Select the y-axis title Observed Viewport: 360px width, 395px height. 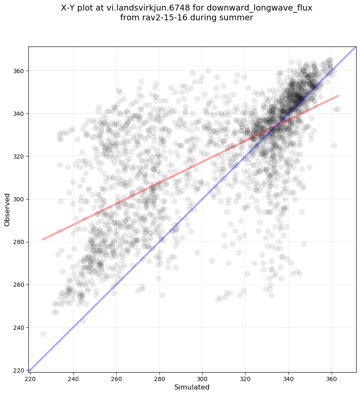pyautogui.click(x=7, y=210)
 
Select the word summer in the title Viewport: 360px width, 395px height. pyautogui.click(x=240, y=17)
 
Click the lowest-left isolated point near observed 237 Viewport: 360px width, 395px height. pyautogui.click(x=43, y=334)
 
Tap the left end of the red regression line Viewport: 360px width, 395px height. pyautogui.click(x=43, y=239)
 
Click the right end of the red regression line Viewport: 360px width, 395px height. pyautogui.click(x=338, y=96)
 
